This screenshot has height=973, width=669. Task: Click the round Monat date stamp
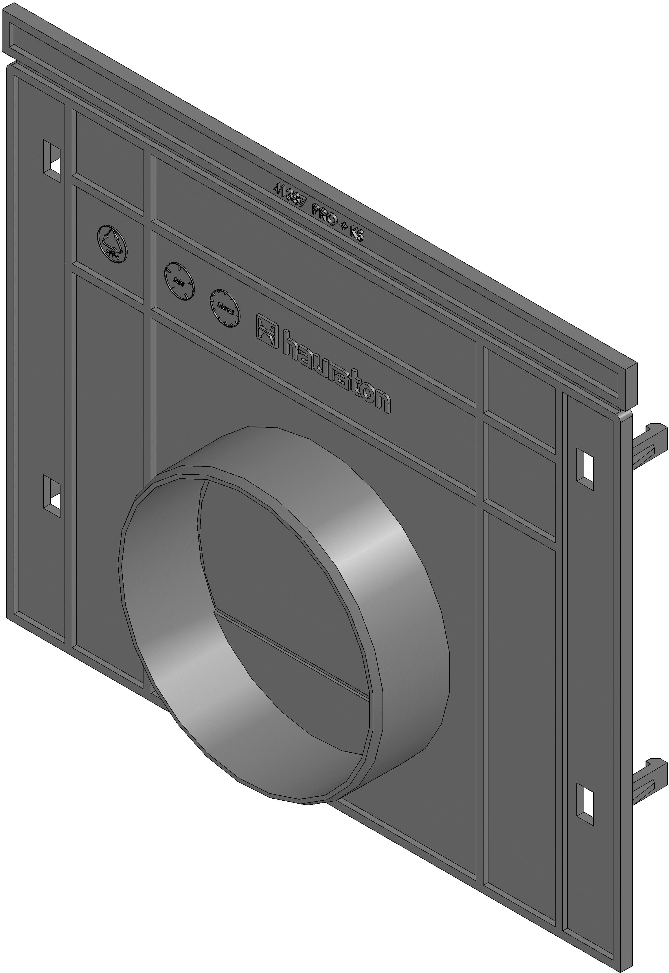pyautogui.click(x=225, y=308)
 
